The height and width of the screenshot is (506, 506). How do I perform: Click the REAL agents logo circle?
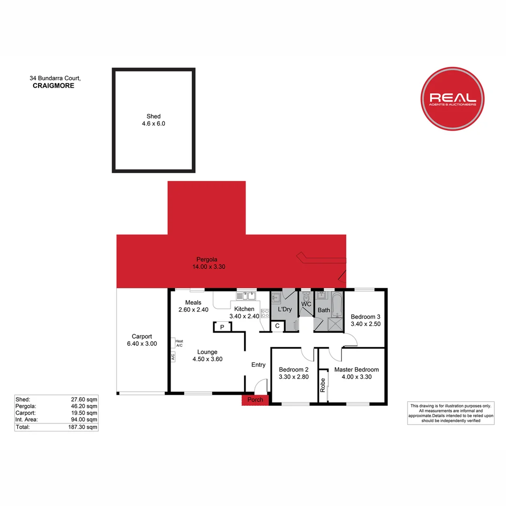(x=453, y=99)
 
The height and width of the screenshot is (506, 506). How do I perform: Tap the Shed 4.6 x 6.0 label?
(x=154, y=120)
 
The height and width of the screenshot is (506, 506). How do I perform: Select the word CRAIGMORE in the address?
(x=53, y=86)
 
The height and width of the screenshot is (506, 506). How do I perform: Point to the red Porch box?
(x=255, y=400)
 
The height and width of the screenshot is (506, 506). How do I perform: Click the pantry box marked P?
(x=223, y=327)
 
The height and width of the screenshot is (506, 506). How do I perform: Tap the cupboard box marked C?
(x=277, y=326)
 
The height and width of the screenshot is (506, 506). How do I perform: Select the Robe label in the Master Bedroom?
(x=323, y=385)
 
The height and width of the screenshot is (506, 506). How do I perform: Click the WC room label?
(x=306, y=304)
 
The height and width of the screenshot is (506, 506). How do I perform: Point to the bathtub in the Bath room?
(x=337, y=305)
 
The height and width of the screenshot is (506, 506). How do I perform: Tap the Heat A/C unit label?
(x=179, y=343)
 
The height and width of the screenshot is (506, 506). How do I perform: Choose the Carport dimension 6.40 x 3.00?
(x=142, y=344)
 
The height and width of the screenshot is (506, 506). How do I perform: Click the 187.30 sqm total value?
(x=82, y=427)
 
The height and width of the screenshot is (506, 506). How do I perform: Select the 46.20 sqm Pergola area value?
(x=84, y=406)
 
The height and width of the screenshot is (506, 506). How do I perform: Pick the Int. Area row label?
(x=26, y=419)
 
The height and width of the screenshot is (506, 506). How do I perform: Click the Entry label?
(x=259, y=365)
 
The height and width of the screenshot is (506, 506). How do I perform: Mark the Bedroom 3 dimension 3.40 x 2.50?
(x=365, y=324)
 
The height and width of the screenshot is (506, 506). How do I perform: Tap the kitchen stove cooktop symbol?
(x=265, y=313)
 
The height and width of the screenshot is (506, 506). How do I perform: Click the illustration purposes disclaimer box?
(x=451, y=413)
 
